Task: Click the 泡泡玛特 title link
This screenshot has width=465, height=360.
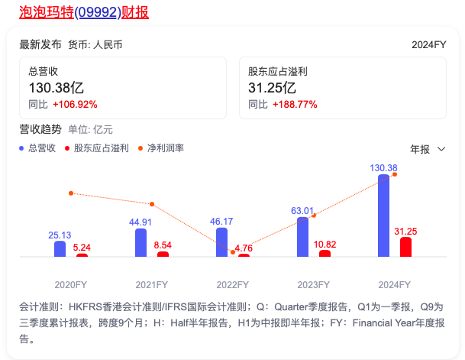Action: [x=84, y=12]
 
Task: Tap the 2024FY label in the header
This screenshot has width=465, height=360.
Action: [x=428, y=44]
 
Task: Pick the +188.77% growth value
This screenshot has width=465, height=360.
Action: [x=294, y=104]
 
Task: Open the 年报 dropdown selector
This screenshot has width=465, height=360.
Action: [x=428, y=148]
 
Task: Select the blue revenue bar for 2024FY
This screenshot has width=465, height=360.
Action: [x=383, y=216]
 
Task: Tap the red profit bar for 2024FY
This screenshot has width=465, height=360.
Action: [x=405, y=247]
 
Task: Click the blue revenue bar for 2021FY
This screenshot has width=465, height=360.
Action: [x=140, y=242]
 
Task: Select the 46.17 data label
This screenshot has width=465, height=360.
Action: [x=221, y=221]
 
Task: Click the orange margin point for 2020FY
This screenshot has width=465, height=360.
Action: [x=70, y=193]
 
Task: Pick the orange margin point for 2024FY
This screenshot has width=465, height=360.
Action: [x=395, y=174]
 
